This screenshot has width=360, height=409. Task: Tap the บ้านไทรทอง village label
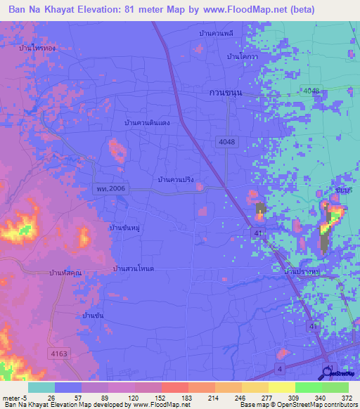[x=39, y=48]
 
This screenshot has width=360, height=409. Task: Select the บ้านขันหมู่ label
[x=129, y=228]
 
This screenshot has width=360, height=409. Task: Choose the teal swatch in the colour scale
[x=41, y=387]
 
